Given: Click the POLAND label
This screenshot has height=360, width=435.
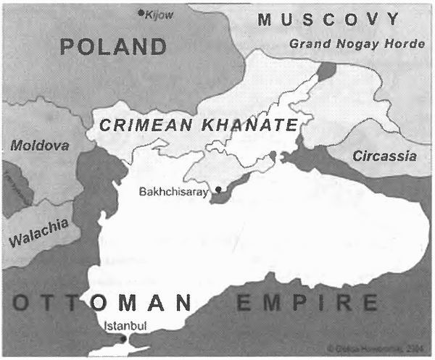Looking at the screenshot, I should tap(113, 48).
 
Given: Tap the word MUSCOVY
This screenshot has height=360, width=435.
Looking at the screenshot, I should tap(328, 20).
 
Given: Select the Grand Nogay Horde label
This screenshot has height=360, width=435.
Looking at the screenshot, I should tap(357, 44).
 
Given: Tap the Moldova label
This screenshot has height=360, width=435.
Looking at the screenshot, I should tap(40, 146).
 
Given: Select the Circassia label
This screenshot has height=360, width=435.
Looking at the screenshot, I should tap(384, 156).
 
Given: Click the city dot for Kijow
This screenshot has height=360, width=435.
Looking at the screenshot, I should tap(141, 12).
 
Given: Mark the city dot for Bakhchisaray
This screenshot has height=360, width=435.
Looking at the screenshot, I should tap(218, 189).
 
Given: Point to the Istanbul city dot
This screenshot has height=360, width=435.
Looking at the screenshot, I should tap(123, 338).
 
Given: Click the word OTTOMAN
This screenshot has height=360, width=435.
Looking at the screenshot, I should tap(101, 302).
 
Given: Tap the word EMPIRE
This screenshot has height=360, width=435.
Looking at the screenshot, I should tap(307, 302).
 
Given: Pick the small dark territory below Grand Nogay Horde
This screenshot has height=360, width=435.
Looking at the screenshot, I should tap(326, 71).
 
